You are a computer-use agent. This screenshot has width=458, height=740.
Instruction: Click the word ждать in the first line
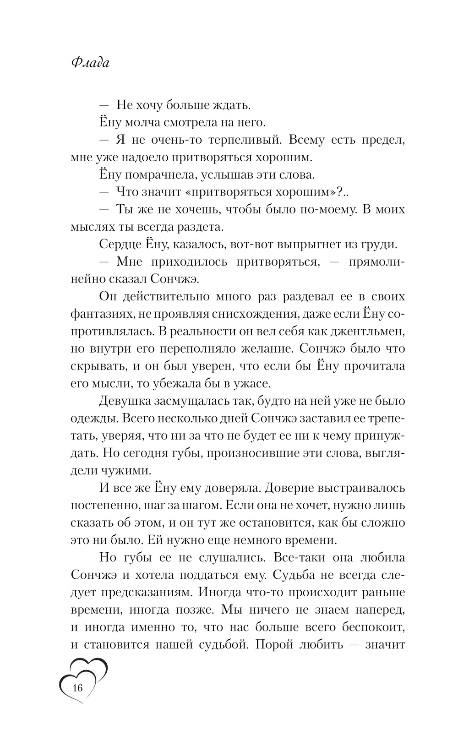click(230, 105)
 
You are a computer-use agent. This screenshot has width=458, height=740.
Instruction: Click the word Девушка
click(125, 401)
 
